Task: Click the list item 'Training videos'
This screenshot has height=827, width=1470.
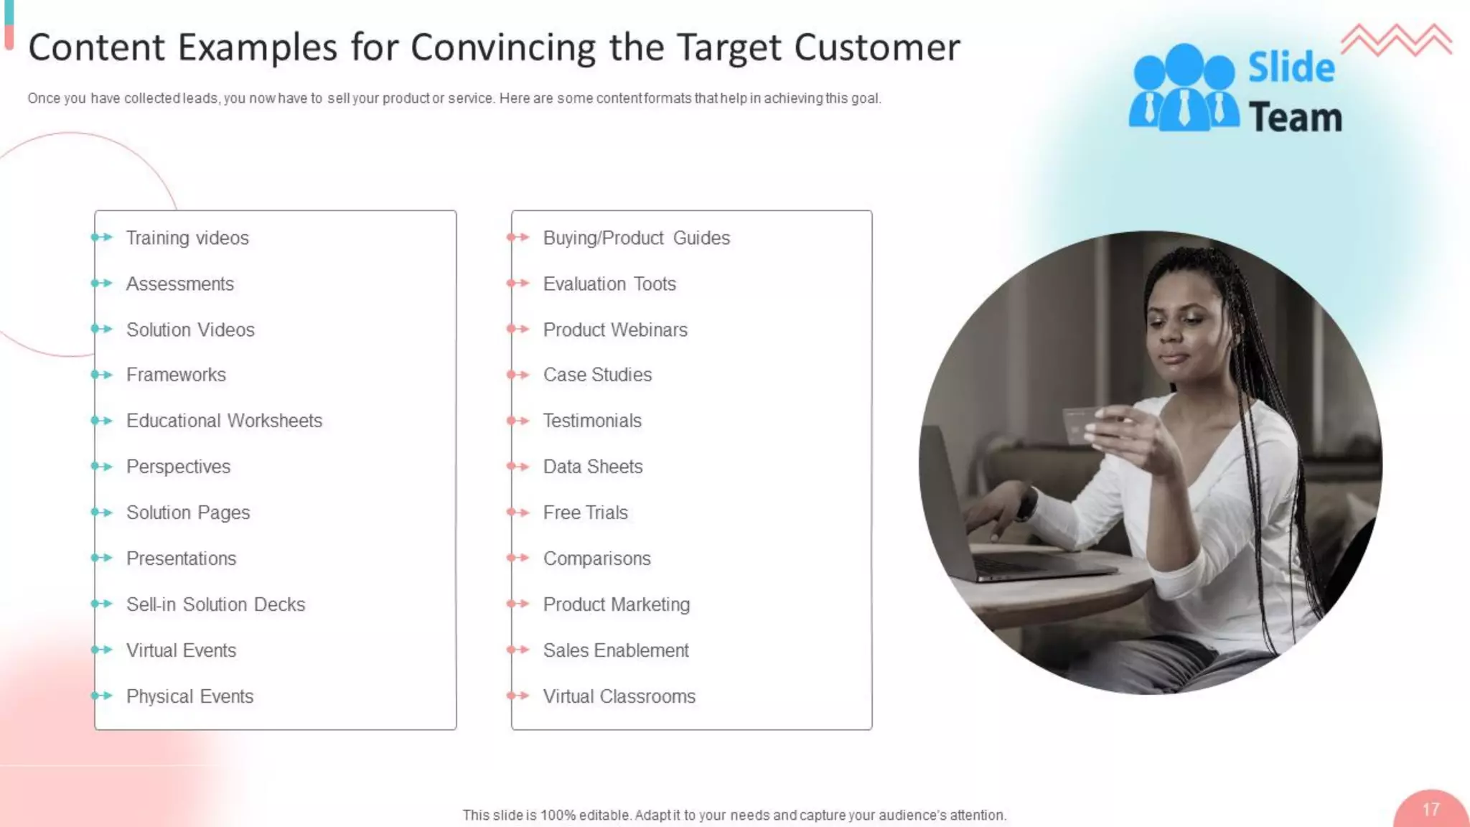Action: coord(187,238)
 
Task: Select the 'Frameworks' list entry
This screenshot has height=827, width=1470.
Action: coord(176,375)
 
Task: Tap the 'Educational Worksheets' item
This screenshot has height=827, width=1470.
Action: coord(224,421)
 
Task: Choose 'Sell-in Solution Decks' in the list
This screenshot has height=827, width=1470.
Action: coord(215,604)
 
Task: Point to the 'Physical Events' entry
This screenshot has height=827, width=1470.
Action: coord(189,696)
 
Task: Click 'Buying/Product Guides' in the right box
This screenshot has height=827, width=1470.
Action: coord(636,238)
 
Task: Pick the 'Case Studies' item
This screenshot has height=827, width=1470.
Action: coord(597,375)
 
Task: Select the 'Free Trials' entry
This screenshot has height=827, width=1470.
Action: coord(585,513)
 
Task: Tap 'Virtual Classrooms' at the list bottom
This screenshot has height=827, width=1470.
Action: coord(619,696)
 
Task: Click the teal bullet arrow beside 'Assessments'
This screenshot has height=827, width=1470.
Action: coord(102,284)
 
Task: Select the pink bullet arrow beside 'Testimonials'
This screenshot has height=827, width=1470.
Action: coord(518,421)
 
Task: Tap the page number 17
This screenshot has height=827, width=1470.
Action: coord(1431,810)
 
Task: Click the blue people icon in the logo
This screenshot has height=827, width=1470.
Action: coord(1183,89)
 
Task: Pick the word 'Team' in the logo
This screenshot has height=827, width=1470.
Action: coord(1295,118)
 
